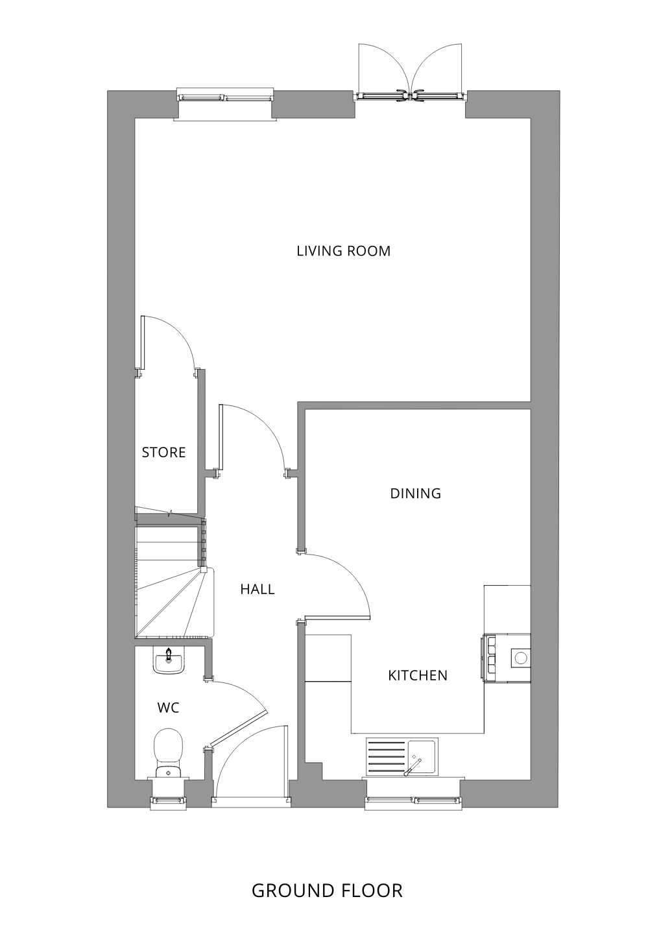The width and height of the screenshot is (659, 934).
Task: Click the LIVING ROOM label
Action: [343, 251]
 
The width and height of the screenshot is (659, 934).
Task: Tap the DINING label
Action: [415, 494]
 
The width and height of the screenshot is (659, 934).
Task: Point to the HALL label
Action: [258, 589]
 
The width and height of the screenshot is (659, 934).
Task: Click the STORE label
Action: [163, 453]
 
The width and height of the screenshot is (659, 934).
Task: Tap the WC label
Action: [169, 708]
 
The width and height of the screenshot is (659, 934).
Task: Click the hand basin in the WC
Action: [169, 661]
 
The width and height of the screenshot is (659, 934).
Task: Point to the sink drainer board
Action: [386, 756]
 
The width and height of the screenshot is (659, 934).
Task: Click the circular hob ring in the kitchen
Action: [521, 658]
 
